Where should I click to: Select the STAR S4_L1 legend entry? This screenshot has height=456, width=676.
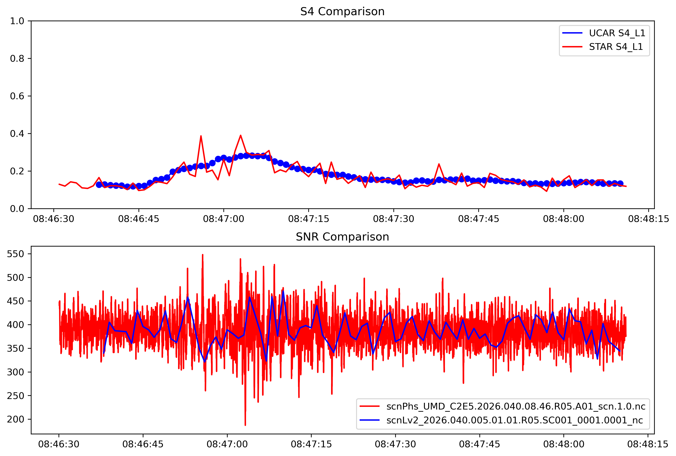pyautogui.click(x=615, y=47)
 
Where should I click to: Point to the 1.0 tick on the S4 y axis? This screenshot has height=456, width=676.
pyautogui.click(x=17, y=21)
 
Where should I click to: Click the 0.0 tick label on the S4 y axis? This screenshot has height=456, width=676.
pyautogui.click(x=17, y=209)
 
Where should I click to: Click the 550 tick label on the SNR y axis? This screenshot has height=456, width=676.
pyautogui.click(x=15, y=254)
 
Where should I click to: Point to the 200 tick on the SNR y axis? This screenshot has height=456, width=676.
pyautogui.click(x=15, y=419)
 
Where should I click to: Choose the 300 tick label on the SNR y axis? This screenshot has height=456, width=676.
pyautogui.click(x=15, y=372)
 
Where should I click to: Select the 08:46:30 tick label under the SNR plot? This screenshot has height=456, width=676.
pyautogui.click(x=59, y=444)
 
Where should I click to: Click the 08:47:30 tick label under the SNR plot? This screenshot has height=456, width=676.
pyautogui.click(x=395, y=444)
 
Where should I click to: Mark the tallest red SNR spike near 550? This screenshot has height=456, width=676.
pyautogui.click(x=203, y=255)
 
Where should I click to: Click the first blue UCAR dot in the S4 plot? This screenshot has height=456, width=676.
pyautogui.click(x=99, y=185)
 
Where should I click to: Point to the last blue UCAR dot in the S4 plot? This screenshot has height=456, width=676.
pyautogui.click(x=620, y=184)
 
